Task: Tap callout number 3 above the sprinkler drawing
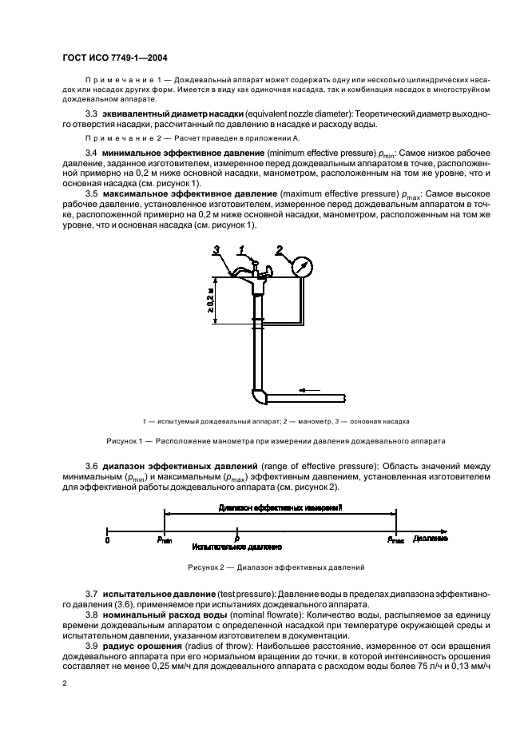pyautogui.click(x=216, y=251)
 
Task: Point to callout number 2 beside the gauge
pyautogui.click(x=278, y=249)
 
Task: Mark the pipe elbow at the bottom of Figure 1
pyautogui.click(x=257, y=396)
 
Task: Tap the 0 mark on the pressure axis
pyautogui.click(x=107, y=540)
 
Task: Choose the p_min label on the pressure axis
pyautogui.click(x=165, y=540)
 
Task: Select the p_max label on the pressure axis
pyautogui.click(x=396, y=540)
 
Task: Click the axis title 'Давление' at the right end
pyautogui.click(x=431, y=540)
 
